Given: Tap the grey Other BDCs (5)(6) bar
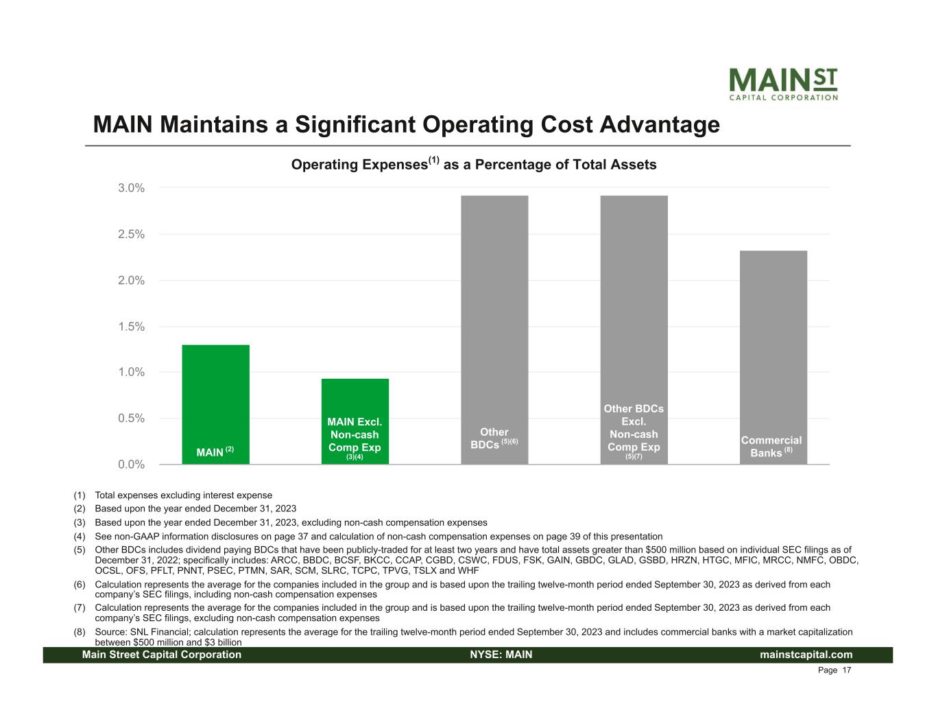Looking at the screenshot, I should point(494,329).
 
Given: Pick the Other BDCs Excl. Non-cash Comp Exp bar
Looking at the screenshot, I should point(634,329).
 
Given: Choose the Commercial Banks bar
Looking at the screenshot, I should point(773,357).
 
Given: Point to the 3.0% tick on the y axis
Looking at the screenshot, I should point(131,188).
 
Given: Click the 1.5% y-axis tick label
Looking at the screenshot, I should point(131,327).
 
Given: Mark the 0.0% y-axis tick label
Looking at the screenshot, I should point(131,465).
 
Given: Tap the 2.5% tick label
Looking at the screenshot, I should point(131,234).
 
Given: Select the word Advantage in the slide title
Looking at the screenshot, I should point(660,125).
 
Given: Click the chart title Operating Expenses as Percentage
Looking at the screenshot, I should point(474,165).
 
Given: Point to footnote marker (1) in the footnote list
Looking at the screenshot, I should point(80,495).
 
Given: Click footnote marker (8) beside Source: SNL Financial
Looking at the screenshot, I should point(80,632).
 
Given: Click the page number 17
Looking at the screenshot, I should point(847,670).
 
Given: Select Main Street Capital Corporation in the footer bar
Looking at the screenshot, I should point(162,655).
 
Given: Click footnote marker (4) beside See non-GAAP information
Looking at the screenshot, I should point(80,537).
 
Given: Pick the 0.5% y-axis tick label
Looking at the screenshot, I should point(131,419).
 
